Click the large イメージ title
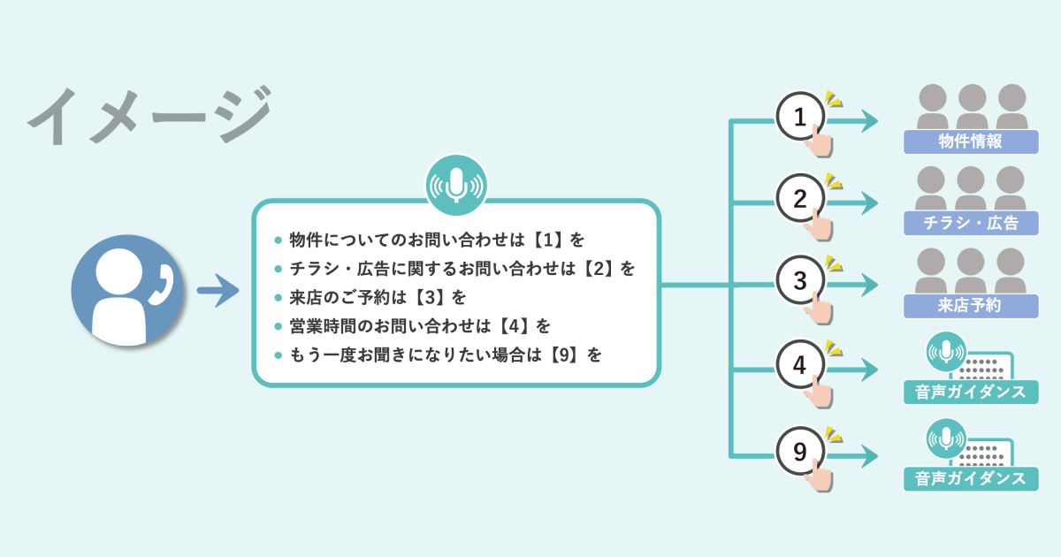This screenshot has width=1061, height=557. tap(148, 116)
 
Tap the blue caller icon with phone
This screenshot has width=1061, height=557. tap(127, 290)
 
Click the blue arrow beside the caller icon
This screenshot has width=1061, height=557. tap(218, 290)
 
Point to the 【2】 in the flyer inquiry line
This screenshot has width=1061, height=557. tap(600, 269)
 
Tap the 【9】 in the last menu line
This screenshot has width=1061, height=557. tap(567, 355)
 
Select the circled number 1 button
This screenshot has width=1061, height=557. tap(800, 117)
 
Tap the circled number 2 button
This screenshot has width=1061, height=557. tap(800, 199)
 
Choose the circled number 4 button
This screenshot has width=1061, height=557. tap(800, 364)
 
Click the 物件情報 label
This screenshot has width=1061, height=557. tap(970, 141)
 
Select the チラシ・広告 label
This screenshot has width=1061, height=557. tap(970, 224)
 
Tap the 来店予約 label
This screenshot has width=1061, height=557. tap(970, 306)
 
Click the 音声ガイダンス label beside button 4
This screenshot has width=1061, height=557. tap(970, 392)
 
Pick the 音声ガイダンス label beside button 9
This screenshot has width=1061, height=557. tap(970, 479)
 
